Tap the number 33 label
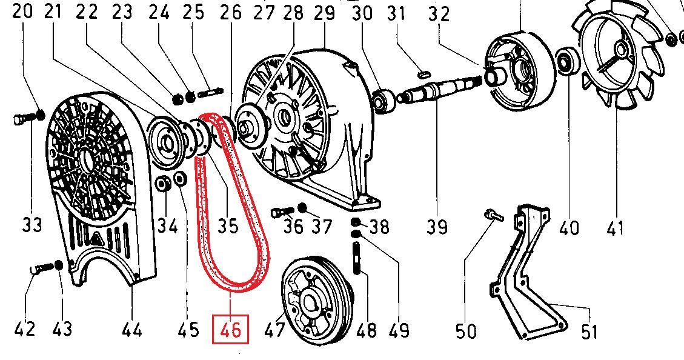pyautogui.click(x=32, y=225)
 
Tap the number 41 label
pyautogui.click(x=615, y=228)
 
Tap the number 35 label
pyautogui.click(x=228, y=225)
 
